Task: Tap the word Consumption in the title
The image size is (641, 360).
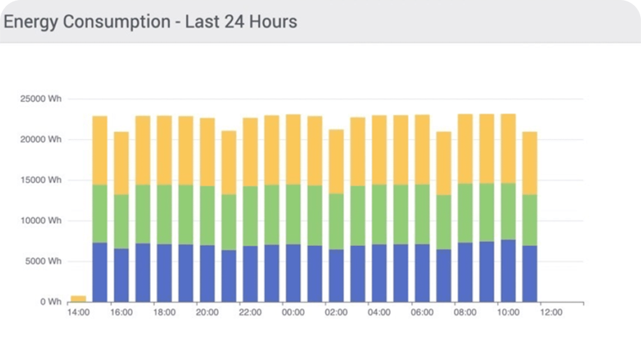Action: tap(115, 22)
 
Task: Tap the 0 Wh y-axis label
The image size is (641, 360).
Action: tap(50, 302)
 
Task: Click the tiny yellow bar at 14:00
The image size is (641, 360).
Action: tap(78, 298)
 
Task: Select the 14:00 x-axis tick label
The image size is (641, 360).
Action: tap(78, 312)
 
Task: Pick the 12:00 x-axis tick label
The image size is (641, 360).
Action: tap(551, 312)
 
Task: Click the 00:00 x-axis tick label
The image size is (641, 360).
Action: tap(293, 312)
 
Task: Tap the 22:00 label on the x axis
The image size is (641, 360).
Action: tap(250, 312)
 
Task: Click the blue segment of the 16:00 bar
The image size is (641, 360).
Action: tap(122, 275)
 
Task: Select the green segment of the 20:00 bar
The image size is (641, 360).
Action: tap(208, 215)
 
